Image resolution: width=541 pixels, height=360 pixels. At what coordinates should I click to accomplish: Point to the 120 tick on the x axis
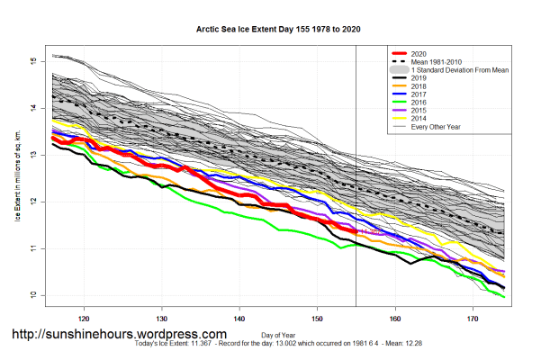(85, 318)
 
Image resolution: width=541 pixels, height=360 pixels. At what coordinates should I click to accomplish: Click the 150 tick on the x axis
(317, 318)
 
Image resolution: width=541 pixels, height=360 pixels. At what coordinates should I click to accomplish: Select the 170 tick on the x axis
(472, 318)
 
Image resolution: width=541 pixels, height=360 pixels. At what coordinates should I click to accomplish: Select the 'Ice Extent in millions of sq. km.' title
(17, 179)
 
